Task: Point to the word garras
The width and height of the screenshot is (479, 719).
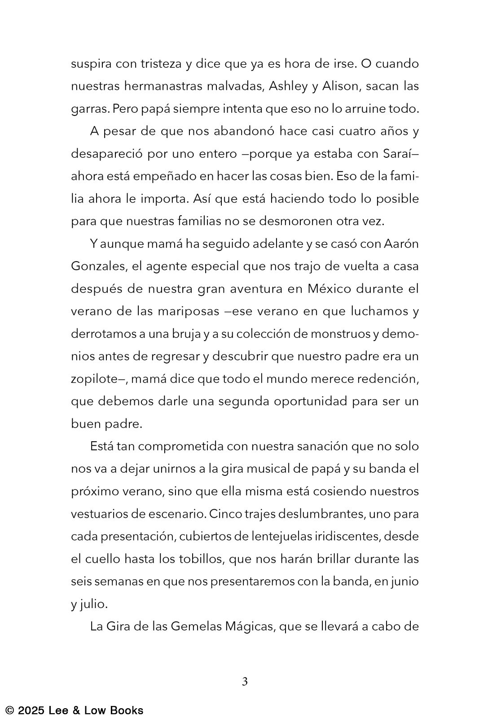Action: pyautogui.click(x=89, y=109)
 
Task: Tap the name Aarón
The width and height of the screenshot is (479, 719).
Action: pyautogui.click(x=401, y=244)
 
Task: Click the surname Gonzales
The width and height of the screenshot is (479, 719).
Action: pyautogui.click(x=98, y=266)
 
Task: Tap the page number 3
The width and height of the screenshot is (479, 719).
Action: pyautogui.click(x=245, y=682)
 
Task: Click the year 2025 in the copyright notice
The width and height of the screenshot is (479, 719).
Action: pyautogui.click(x=31, y=710)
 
